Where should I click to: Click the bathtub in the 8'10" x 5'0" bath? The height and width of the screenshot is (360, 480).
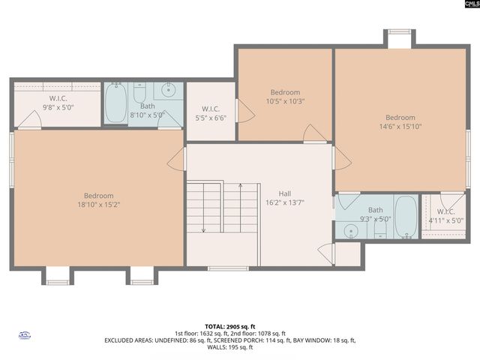116,104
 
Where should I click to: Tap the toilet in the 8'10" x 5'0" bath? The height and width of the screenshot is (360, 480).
140,93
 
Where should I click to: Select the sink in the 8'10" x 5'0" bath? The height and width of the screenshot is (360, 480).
168,91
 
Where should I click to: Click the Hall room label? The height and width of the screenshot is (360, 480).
285,192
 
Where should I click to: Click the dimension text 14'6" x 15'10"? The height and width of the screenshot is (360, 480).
400,127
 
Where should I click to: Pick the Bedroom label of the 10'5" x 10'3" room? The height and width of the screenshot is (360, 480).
285,92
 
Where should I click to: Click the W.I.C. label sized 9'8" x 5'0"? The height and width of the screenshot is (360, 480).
58,98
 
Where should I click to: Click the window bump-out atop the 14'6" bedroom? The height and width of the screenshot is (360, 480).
399,38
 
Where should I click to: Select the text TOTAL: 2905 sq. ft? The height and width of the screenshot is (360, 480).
239,326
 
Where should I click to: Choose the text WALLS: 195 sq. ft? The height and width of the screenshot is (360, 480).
239,348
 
